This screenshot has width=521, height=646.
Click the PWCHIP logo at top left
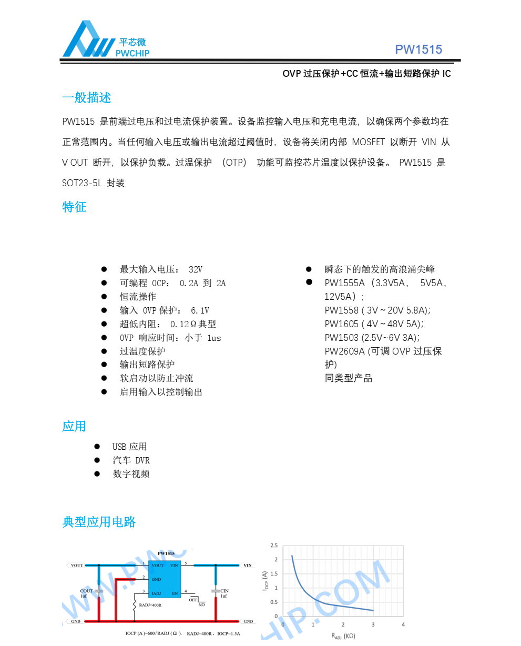click(105, 39)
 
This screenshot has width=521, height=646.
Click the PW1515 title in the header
click(418, 49)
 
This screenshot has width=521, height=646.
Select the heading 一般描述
click(86, 98)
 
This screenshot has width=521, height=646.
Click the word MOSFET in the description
click(369, 142)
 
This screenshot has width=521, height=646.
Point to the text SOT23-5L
click(82, 183)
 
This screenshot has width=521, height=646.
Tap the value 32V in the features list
click(195, 269)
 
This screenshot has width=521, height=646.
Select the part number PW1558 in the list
click(341, 310)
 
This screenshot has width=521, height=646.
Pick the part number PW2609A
click(344, 351)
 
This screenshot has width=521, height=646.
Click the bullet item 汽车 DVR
click(131, 460)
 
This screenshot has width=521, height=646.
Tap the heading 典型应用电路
click(99, 522)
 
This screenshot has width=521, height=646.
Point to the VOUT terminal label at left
click(77, 566)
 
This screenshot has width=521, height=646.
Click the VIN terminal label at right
click(247, 566)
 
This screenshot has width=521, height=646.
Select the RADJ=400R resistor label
click(150, 605)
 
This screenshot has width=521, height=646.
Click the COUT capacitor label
click(86, 591)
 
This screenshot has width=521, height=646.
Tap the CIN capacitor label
click(224, 591)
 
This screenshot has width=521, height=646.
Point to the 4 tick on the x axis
click(403, 624)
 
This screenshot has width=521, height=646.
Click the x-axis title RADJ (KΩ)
click(343, 636)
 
